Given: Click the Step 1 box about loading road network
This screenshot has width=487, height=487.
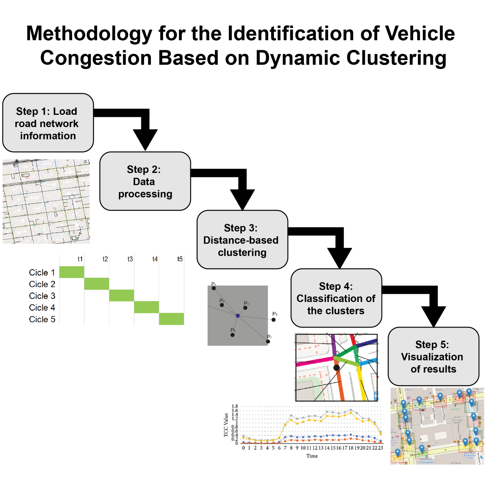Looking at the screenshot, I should tap(48, 123).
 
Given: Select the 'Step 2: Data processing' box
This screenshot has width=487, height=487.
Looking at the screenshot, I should tap(145, 181).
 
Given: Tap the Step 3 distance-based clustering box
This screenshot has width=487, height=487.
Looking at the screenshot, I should tap(242, 240).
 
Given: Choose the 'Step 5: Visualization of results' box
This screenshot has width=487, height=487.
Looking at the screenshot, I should tap(433, 357).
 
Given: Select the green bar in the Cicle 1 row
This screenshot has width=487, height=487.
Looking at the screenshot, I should tap(72, 272).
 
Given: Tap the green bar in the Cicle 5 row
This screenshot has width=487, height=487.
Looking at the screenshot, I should tap(171, 319).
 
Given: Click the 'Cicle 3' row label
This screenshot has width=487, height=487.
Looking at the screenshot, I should tap(42, 296).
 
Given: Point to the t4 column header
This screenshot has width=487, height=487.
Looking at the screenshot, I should tap(155, 259).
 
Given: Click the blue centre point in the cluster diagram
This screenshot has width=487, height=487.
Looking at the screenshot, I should tap(237, 315).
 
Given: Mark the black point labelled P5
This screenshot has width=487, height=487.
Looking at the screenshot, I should tap(274, 320).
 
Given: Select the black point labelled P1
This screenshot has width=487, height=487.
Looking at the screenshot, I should tap(214, 288).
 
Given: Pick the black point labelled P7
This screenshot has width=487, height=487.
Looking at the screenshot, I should tap(268, 342).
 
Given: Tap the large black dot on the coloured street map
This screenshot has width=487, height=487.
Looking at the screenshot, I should tap(336, 368).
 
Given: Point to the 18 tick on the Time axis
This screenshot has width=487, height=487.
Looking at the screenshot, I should tap(351, 448).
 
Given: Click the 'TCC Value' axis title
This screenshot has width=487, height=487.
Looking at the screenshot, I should tap(226, 425).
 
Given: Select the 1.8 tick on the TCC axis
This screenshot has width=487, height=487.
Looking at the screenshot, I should tap(235, 406).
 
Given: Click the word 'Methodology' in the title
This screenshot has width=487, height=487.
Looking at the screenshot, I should tap(89, 34).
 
